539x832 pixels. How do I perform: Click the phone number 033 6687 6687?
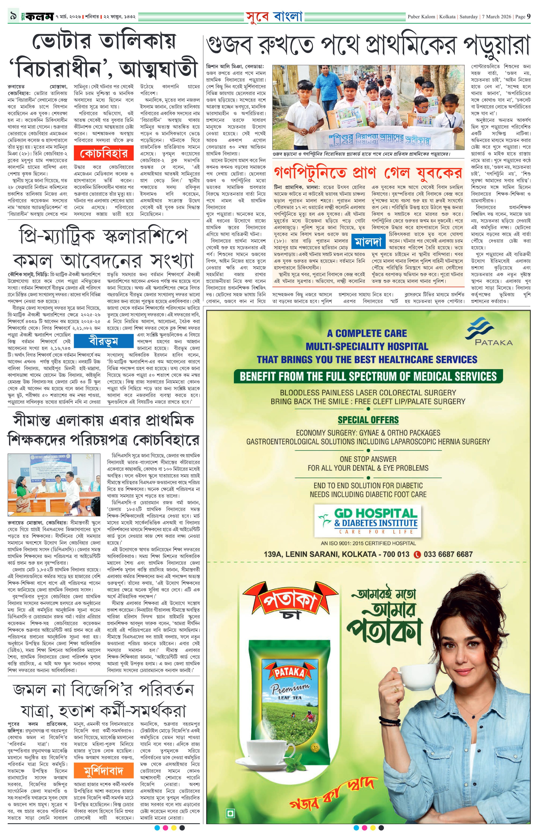[x=448, y=554]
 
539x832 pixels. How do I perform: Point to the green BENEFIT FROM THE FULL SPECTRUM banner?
[x=368, y=376]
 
